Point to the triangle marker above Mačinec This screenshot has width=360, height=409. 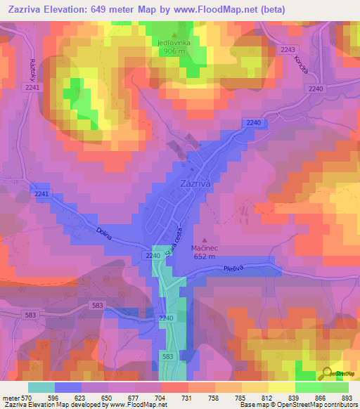(x=205, y=240)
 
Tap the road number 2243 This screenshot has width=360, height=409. (x=287, y=49)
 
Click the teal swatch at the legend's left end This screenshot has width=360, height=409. (x=41, y=387)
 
